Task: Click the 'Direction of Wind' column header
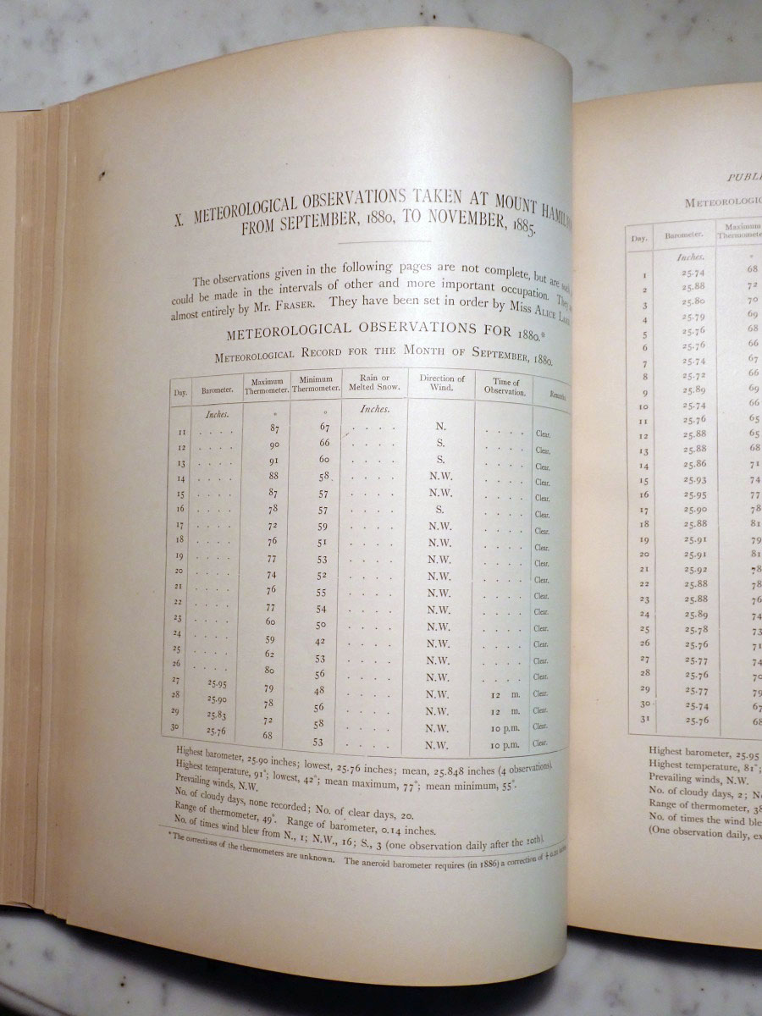click(x=442, y=384)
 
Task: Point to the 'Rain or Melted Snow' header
click(x=374, y=382)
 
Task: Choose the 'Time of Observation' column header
click(x=505, y=387)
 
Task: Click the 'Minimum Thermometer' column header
click(x=317, y=383)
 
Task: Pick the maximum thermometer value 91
click(x=273, y=461)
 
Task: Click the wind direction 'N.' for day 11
click(x=440, y=427)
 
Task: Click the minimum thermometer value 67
click(x=324, y=427)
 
